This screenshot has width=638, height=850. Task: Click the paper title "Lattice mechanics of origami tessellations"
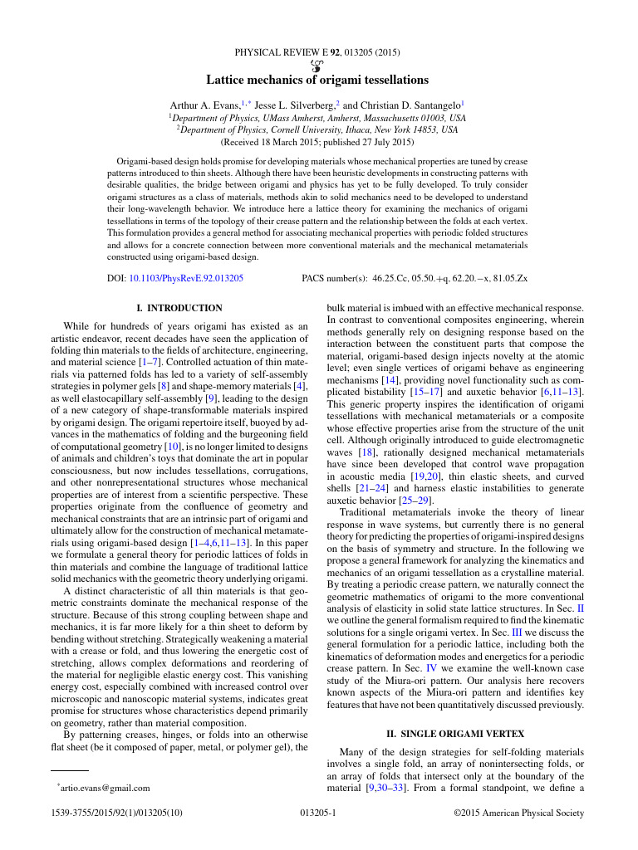[318, 81]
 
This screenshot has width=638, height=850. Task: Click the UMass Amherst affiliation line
[318, 118]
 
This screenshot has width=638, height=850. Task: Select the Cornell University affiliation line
[318, 129]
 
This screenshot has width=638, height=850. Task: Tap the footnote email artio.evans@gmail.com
[105, 788]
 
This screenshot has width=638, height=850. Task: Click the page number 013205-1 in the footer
[318, 813]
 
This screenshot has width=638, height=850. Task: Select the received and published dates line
[318, 141]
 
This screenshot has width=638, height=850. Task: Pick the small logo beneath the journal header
[317, 66]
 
